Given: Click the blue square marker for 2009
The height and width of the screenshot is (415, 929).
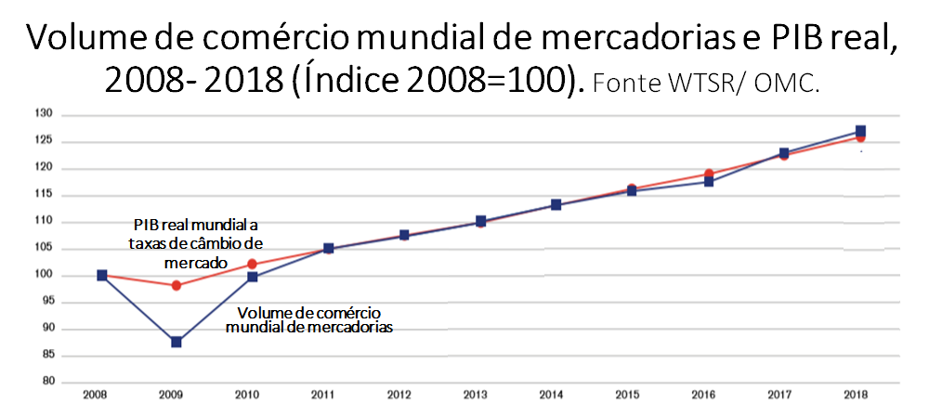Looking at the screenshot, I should (x=177, y=342).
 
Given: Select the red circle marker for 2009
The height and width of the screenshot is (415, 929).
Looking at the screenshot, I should (x=177, y=285).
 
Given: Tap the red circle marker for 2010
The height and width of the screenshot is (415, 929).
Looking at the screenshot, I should (x=253, y=264).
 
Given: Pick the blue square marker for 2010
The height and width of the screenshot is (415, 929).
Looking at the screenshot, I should (x=253, y=277).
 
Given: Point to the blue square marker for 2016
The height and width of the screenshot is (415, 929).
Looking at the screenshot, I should (x=709, y=181).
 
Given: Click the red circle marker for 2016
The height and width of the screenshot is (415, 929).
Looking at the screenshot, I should (x=709, y=174).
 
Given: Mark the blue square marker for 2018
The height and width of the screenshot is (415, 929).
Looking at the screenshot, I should (x=861, y=131).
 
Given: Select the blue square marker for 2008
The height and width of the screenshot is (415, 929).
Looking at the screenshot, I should (x=101, y=275).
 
